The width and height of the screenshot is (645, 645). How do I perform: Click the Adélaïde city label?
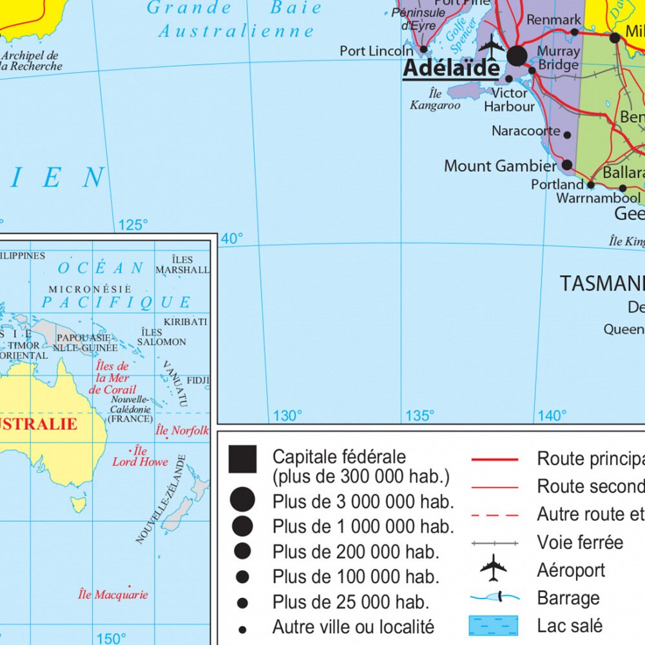450,68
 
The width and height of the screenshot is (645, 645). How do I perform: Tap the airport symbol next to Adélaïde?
492,46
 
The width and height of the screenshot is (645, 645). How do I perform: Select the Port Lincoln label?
376,50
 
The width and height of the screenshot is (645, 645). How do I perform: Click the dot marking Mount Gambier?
567,165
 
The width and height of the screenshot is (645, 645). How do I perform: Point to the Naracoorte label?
526,131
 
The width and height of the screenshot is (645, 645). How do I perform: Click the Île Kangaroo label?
435,99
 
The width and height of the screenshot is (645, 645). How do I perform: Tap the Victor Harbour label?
510,100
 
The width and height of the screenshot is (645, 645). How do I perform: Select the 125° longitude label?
133,225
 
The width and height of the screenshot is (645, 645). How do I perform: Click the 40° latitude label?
232,239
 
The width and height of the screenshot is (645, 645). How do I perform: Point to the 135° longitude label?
419,416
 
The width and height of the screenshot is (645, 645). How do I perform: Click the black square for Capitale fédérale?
242,459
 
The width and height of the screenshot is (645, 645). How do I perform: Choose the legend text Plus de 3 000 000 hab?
363,501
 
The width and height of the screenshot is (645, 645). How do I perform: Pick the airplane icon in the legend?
494,568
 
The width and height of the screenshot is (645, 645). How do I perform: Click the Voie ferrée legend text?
580,543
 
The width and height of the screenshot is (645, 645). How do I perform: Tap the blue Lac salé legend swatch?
494,625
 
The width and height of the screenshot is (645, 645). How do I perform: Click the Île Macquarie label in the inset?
113,595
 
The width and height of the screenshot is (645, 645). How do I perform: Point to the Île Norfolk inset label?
182,430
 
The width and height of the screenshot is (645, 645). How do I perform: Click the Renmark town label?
554,20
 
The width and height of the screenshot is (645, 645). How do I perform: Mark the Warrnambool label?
598,198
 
